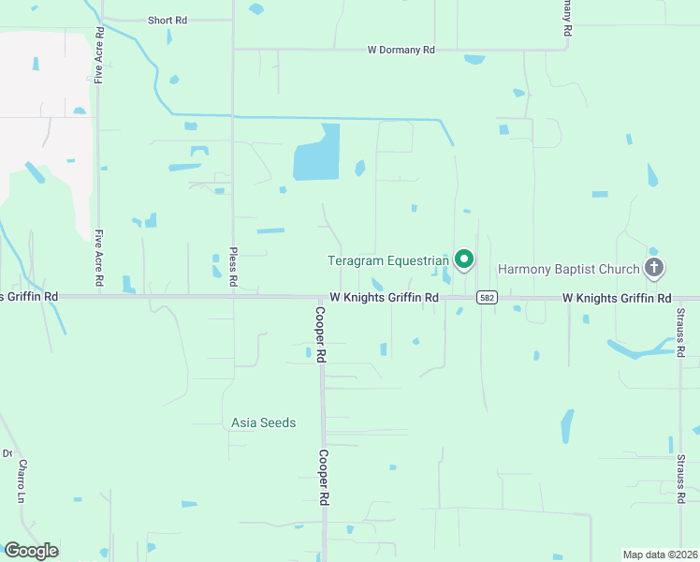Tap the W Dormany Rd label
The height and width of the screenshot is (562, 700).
point(401,50)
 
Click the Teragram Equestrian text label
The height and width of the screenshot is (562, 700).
point(388,259)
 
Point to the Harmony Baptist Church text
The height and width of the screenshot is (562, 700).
point(568,269)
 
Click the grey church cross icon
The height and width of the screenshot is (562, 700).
point(654,269)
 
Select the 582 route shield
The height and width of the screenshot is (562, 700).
point(486,298)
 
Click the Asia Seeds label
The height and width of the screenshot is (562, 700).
point(264,422)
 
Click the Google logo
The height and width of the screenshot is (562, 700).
point(31,550)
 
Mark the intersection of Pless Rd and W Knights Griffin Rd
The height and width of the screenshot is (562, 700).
point(233,297)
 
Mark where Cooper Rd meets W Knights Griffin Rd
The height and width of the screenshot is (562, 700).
point(321,298)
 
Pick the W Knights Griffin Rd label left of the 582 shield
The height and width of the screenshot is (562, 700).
point(384,298)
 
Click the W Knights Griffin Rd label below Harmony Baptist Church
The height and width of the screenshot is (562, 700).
point(617,298)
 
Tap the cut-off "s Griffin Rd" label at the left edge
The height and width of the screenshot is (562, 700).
point(29,296)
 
